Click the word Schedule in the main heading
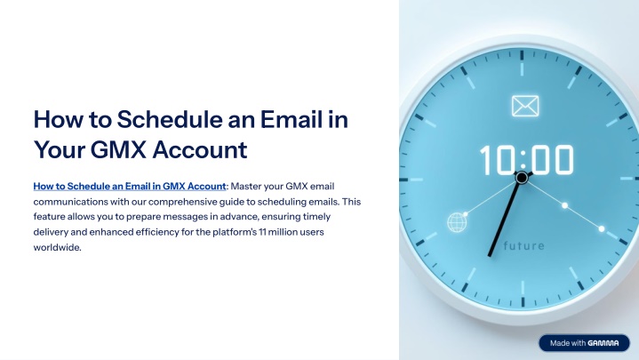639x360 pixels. (169, 119)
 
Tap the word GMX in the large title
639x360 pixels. (118, 149)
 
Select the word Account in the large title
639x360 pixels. (200, 149)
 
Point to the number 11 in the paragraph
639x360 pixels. (262, 232)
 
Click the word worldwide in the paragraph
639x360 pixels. (57, 247)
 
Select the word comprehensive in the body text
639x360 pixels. (182, 202)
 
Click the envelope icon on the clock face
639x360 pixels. (525, 106)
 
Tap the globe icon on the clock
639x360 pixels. (457, 222)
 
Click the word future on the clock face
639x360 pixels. (523, 246)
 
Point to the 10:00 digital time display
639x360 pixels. (526, 160)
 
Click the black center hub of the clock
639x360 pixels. (522, 178)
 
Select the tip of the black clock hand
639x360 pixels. (489, 256)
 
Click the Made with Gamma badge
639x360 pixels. (585, 343)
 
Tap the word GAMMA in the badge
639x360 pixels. (603, 343)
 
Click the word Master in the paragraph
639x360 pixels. (246, 187)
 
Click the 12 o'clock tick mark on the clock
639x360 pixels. (522, 55)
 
